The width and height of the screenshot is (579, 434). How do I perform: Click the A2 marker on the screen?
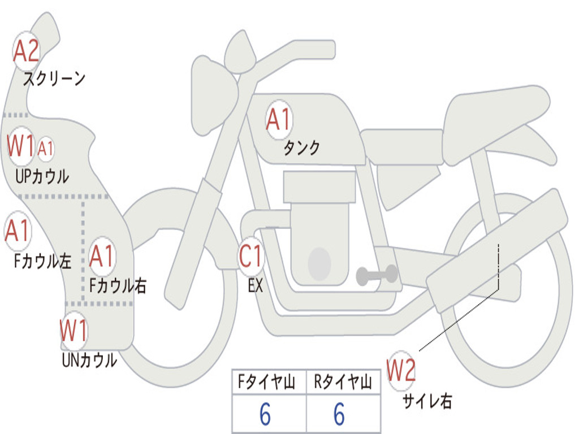point(26,51)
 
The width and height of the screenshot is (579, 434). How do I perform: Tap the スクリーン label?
point(54,79)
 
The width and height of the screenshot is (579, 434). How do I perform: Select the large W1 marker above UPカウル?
point(21,146)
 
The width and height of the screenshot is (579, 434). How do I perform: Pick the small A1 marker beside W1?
point(46,149)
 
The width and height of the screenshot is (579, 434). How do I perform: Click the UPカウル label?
point(42,176)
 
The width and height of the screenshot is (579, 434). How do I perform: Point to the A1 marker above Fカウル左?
point(17,231)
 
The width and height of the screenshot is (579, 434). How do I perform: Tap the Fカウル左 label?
point(43,261)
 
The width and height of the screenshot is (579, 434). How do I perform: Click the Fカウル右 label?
point(118,286)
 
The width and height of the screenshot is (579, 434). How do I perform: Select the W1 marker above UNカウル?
point(74,331)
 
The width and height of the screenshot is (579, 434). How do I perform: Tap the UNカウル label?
point(89,360)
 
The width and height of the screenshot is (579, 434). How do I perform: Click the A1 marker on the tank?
point(278,119)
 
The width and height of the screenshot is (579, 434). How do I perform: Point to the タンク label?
point(301,148)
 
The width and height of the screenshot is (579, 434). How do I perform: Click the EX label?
point(256,286)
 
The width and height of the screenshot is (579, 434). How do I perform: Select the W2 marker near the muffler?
point(401,371)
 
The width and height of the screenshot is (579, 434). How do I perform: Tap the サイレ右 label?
point(427,401)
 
